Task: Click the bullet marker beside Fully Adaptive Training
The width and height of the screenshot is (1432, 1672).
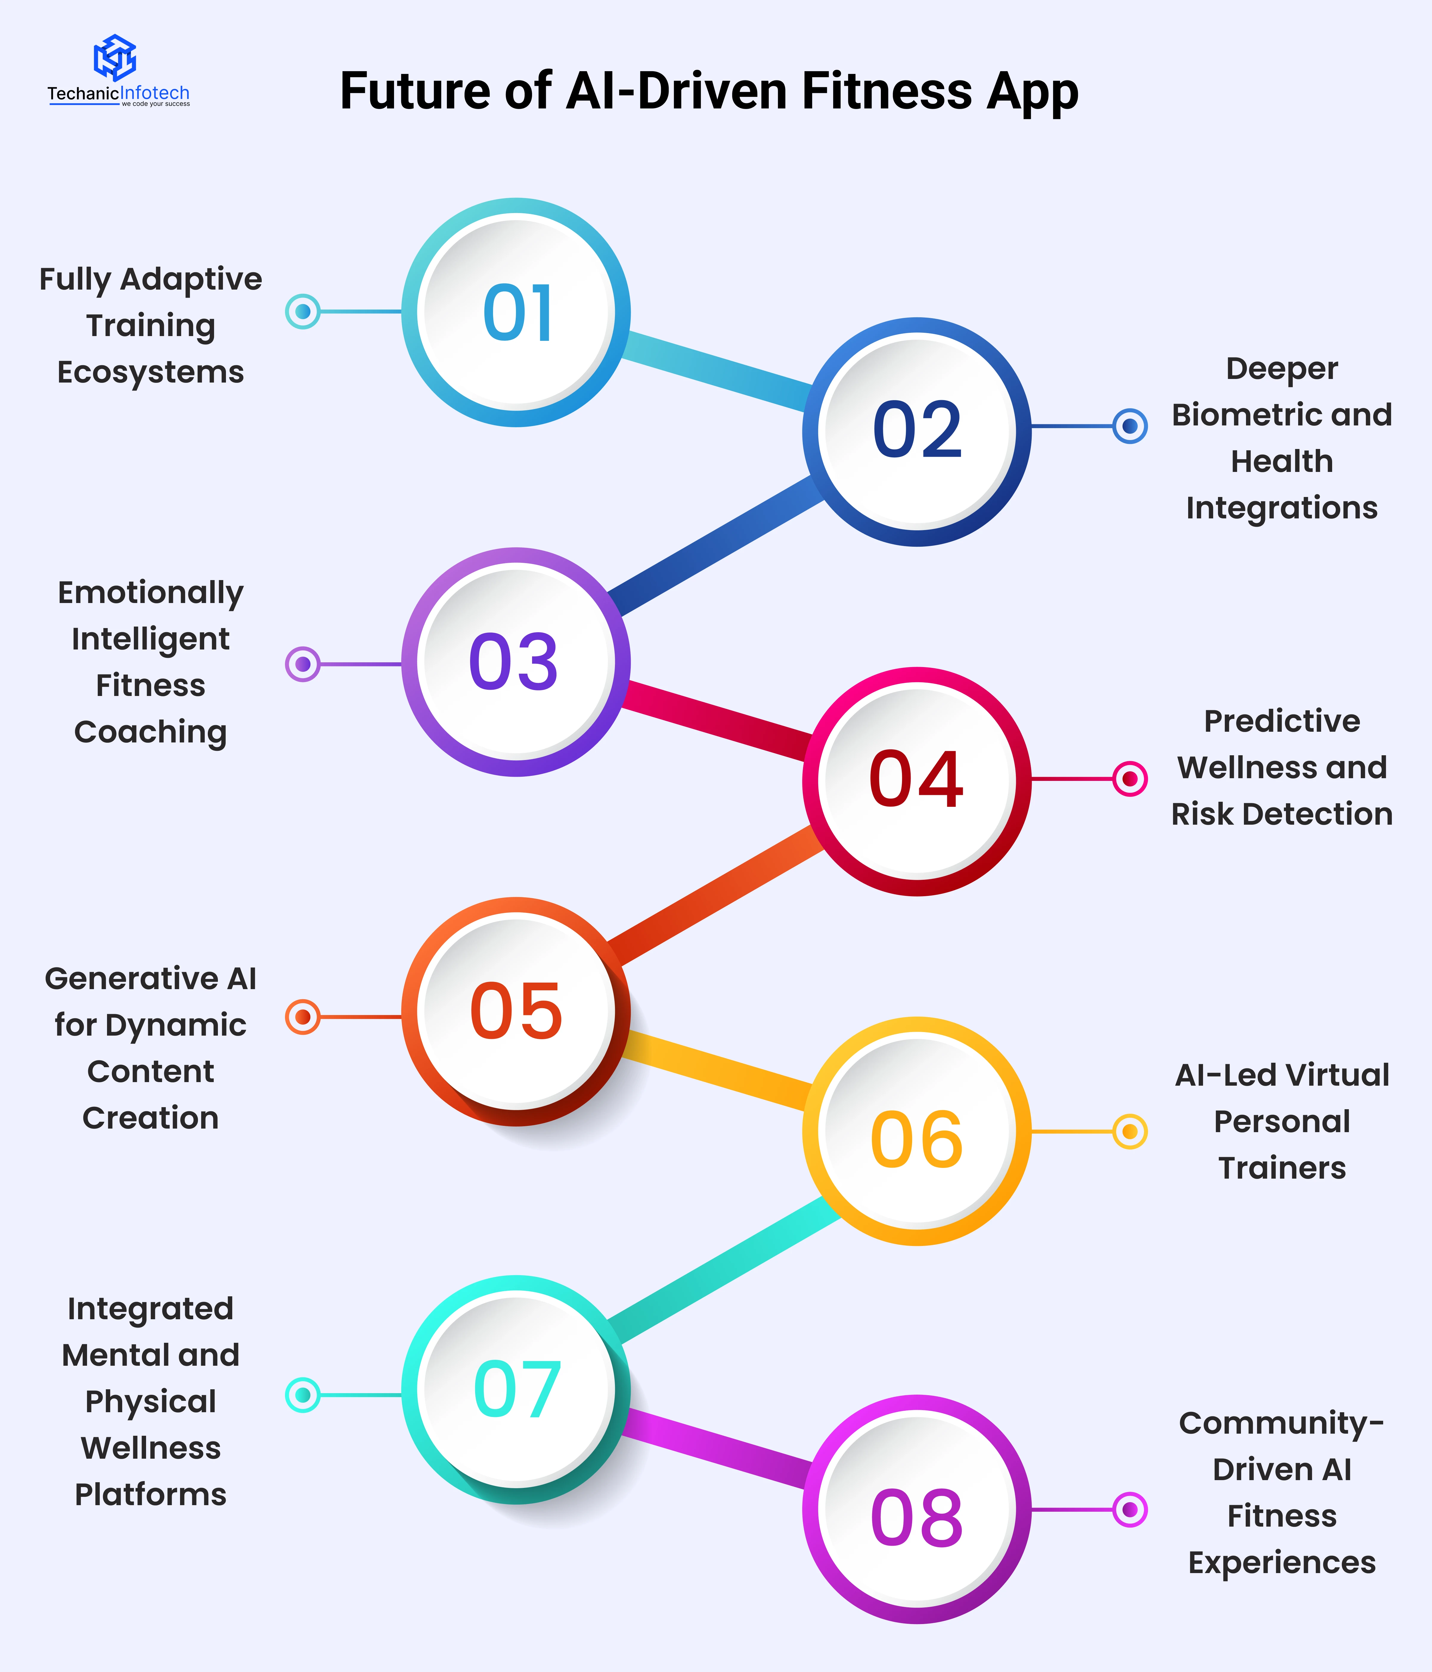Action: [x=303, y=311]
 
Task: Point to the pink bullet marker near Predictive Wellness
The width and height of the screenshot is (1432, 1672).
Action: [x=1129, y=779]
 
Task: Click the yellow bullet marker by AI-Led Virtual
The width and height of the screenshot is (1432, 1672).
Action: [x=1129, y=1131]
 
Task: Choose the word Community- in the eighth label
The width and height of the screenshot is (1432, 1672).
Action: [x=1281, y=1423]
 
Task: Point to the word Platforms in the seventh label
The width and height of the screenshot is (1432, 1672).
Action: [x=151, y=1494]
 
